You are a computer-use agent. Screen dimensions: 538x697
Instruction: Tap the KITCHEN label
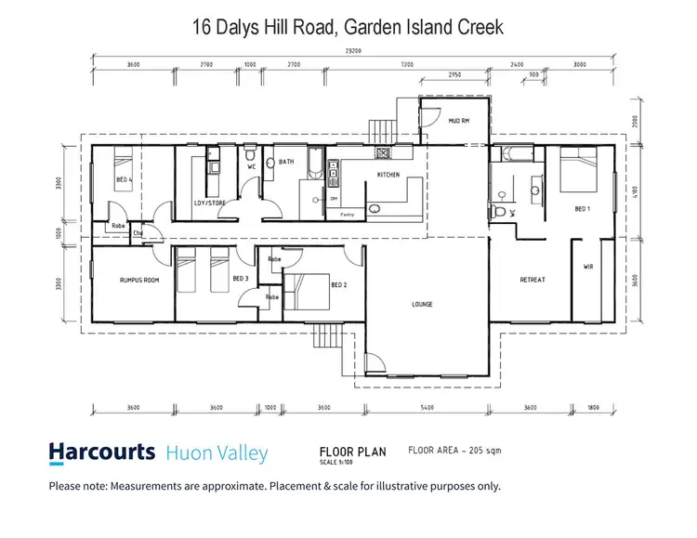coord(388,175)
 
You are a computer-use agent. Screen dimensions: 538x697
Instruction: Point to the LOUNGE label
coord(423,304)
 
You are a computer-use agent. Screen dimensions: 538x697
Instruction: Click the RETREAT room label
coord(533,280)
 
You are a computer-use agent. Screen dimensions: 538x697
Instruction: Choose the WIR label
coord(587,266)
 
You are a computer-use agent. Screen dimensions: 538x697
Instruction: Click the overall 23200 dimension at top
coord(351,52)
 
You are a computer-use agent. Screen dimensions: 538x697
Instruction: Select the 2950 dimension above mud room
coord(454,73)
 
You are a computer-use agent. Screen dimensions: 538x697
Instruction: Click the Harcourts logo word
coord(102,453)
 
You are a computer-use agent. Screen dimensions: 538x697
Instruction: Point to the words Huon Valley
coord(217,453)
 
